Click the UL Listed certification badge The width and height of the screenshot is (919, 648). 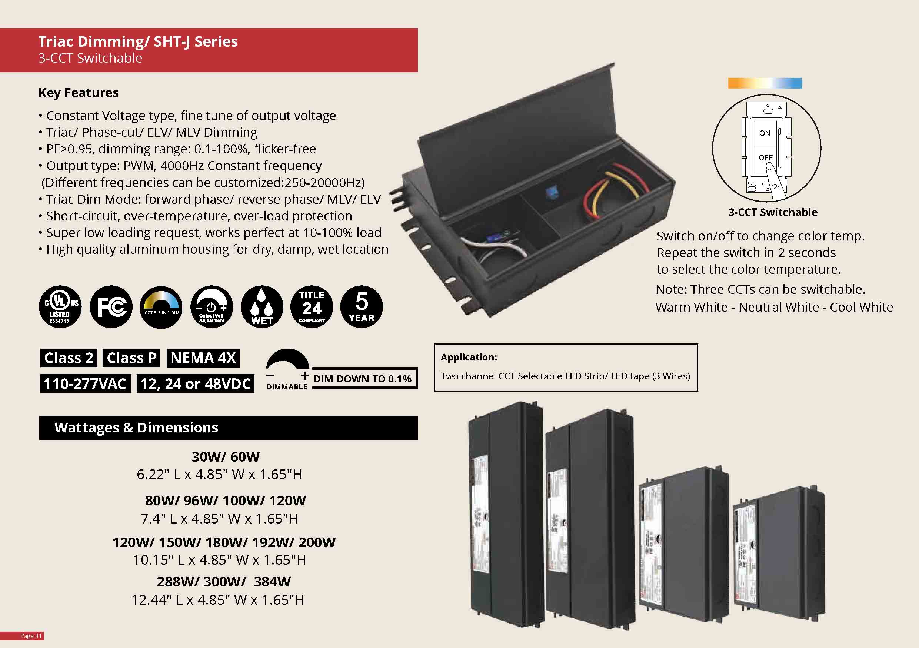(60, 307)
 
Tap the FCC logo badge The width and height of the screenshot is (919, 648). (111, 307)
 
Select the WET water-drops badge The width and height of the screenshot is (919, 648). (262, 307)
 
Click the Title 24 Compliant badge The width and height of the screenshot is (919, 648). (312, 307)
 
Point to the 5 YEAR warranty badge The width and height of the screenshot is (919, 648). (362, 307)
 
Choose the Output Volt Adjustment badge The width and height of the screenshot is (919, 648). (212, 307)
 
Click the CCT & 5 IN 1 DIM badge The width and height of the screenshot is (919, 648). (161, 307)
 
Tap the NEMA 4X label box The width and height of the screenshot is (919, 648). (203, 358)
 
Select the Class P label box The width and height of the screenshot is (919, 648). (131, 358)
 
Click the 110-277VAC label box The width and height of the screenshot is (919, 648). (85, 384)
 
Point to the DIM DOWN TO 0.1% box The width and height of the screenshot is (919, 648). (363, 379)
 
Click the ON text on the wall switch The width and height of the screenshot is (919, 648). (765, 133)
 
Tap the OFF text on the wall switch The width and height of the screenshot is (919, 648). (765, 158)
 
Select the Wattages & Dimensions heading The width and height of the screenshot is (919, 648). (136, 428)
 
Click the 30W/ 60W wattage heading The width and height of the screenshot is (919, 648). (225, 457)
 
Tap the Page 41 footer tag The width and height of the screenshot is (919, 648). (31, 636)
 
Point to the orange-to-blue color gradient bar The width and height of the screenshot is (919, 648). (765, 83)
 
